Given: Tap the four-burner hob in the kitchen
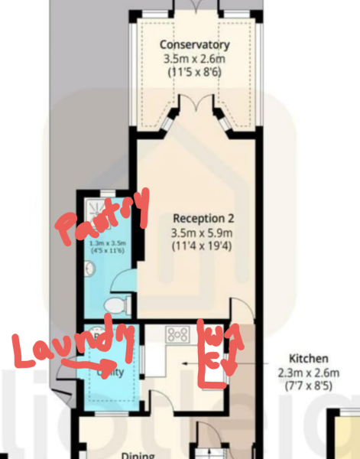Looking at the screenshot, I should coord(178,334).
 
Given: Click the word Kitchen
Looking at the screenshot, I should coord(308,358).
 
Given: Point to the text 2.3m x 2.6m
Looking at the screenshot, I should coord(308,373).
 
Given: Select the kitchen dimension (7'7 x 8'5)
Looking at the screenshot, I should coord(308,387).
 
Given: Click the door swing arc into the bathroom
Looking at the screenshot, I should coord(122,285).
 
